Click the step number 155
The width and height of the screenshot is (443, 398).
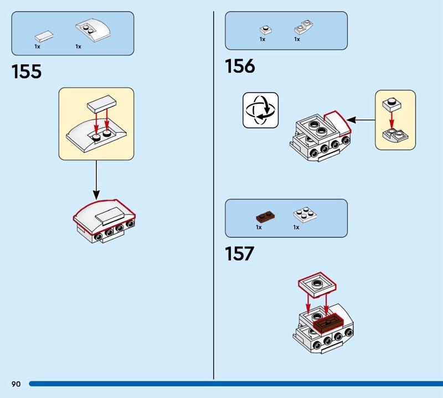27,72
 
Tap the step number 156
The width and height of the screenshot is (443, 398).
240,66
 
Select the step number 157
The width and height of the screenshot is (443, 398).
240,254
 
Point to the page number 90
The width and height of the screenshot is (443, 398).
16,384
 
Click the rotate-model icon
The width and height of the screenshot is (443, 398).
260,110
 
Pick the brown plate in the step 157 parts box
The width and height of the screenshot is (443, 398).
266,217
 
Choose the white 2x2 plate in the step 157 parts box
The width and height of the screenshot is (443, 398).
305,215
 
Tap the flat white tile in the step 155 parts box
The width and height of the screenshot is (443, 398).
44,36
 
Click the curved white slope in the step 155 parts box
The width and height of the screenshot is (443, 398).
93,30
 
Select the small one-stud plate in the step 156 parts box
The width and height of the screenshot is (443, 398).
266,30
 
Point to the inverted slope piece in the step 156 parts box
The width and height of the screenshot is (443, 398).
303,27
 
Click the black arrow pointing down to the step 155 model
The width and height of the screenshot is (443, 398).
96,180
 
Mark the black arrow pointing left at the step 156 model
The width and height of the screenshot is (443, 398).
361,120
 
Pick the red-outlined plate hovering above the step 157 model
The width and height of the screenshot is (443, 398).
317,285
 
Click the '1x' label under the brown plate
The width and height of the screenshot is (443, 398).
259,227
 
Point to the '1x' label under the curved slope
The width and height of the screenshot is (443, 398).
78,47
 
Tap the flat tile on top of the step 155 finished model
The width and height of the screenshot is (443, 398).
109,216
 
